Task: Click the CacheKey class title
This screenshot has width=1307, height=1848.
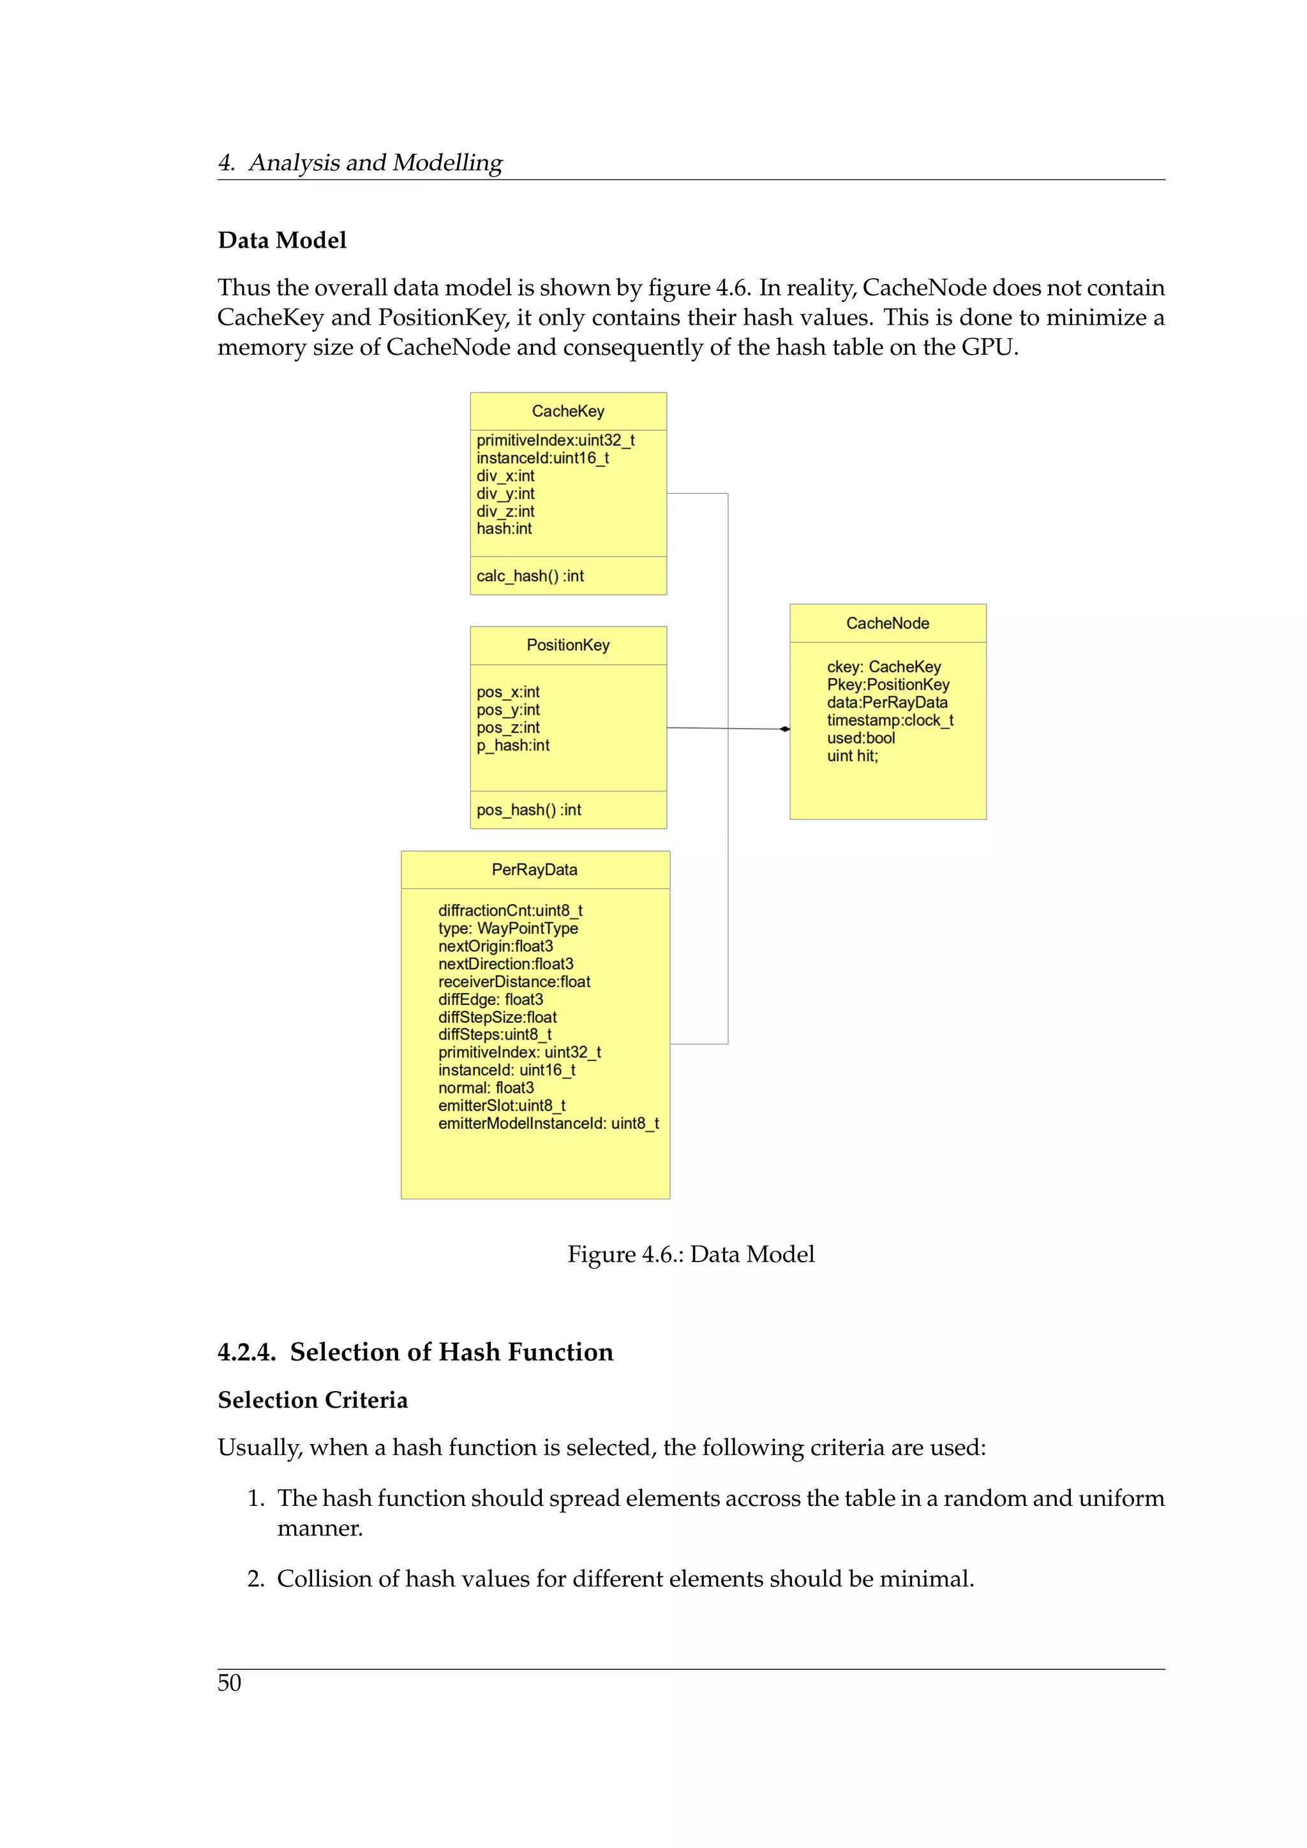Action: tap(567, 412)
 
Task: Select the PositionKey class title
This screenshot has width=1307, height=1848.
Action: tap(567, 646)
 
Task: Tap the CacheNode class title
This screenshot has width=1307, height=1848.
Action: tap(887, 624)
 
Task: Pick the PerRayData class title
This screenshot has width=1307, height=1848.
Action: tap(534, 870)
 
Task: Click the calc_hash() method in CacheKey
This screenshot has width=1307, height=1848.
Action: tap(530, 576)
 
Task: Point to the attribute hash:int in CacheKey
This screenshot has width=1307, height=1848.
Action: tap(504, 530)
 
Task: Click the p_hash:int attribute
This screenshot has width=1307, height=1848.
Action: tap(512, 746)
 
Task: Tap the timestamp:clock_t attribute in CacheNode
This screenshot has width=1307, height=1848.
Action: tap(889, 720)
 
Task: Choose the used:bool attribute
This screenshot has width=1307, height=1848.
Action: tap(860, 738)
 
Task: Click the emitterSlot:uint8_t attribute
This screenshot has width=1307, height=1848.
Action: tap(502, 1106)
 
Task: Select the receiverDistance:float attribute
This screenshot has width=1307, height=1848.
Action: tap(514, 982)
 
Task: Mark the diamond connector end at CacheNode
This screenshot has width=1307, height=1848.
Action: tap(785, 729)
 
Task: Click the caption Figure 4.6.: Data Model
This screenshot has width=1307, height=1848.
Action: tap(691, 1255)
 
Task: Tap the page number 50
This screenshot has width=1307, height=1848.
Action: tap(229, 1683)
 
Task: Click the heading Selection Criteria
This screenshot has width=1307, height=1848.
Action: tap(312, 1401)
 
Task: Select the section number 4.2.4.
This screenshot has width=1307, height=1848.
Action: tap(246, 1352)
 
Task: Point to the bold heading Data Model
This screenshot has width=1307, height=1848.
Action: tap(281, 241)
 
